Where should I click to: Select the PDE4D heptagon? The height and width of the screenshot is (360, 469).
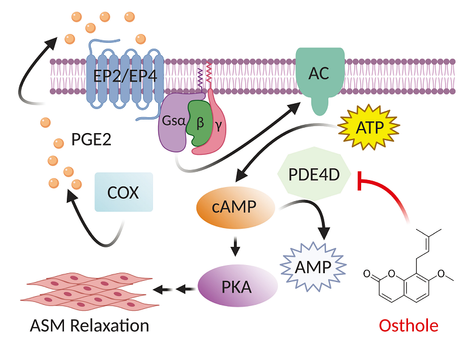pyautogui.click(x=314, y=174)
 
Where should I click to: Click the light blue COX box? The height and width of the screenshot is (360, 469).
pyautogui.click(x=123, y=192)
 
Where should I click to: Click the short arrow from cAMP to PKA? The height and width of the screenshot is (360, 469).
pyautogui.click(x=235, y=247)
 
